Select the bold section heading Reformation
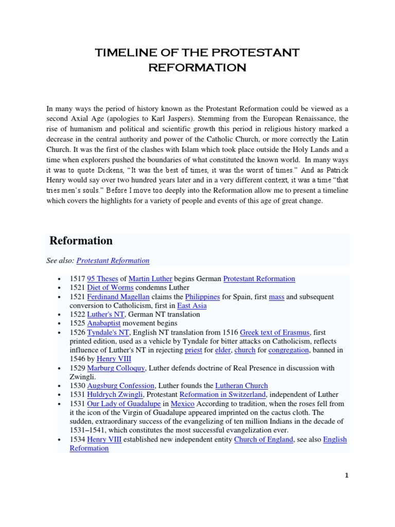pos(81,241)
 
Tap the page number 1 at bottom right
pos(347,476)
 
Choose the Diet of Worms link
pos(110,287)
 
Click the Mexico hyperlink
pos(183,403)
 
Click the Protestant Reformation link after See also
pos(113,260)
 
